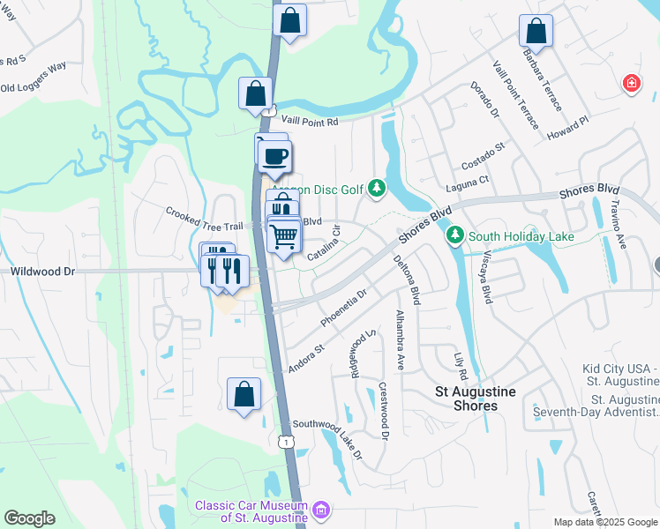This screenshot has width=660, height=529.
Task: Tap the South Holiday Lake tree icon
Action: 455,235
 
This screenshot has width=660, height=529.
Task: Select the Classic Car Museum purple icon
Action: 321,510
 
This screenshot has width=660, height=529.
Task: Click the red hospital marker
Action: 631,85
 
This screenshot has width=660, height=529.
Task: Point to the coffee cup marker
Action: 274,156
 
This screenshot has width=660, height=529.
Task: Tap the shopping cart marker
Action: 283,235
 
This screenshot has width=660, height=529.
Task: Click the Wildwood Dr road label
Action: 42,272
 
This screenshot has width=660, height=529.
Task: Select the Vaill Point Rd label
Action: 309,123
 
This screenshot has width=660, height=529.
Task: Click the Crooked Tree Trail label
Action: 204,212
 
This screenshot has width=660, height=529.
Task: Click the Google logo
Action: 29,518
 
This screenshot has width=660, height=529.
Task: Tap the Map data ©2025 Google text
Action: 605,522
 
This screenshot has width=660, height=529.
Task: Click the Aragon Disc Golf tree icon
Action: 378,187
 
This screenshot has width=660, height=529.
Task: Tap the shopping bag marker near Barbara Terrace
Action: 536,32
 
